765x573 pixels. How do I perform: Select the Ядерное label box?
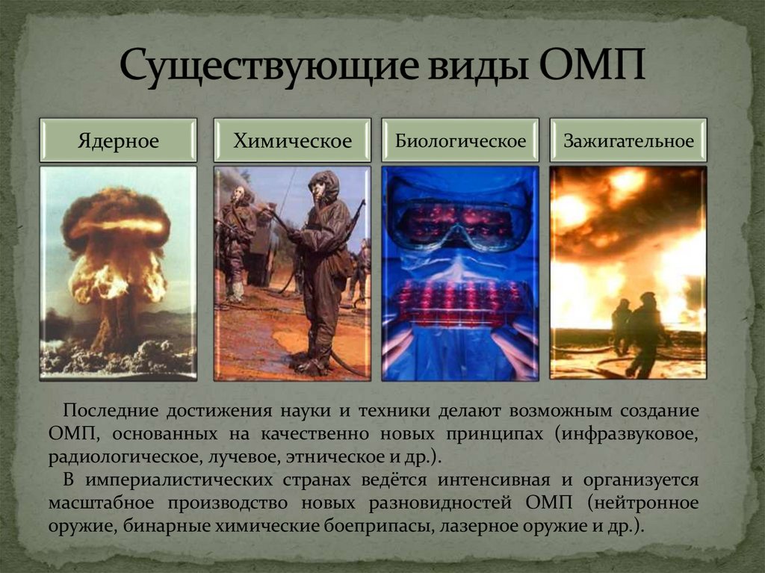coord(118,140)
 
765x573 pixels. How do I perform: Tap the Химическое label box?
coord(292,140)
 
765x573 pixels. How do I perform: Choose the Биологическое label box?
coord(460,140)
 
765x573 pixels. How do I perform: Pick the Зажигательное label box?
coord(628,140)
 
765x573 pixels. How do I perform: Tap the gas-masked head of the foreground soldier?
coord(323,187)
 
